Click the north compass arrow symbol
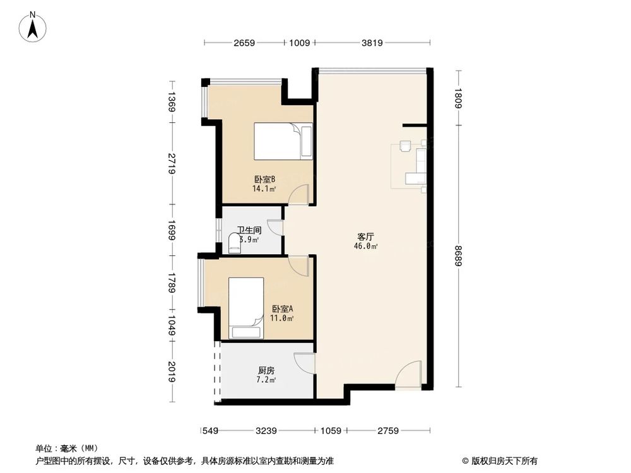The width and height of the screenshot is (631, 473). [35, 26]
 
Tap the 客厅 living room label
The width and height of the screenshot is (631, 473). [366, 237]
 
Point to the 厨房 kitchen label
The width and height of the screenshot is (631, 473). [265, 371]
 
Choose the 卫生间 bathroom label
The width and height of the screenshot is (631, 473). [249, 230]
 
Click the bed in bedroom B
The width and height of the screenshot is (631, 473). [283, 141]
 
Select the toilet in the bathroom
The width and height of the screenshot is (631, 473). [235, 243]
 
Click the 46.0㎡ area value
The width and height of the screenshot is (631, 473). [366, 247]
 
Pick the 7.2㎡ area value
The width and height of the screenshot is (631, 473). [265, 381]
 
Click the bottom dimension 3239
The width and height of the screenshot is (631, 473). [267, 431]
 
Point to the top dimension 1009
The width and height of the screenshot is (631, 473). [300, 44]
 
